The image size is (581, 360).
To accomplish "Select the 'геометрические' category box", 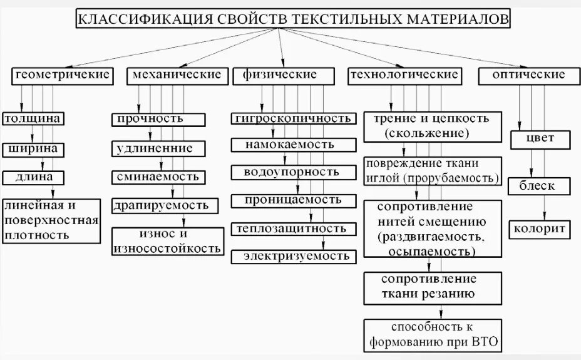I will click(x=62, y=76).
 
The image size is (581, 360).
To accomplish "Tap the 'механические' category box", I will click(x=176, y=76).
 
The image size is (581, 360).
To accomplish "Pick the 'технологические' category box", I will click(x=404, y=76).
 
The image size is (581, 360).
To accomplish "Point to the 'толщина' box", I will click(x=34, y=119).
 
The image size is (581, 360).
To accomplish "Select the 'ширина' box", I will click(x=34, y=149).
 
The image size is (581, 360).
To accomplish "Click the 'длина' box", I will click(x=34, y=177).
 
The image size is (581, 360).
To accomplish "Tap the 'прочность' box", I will click(x=158, y=119).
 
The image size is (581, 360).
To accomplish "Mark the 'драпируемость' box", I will click(x=165, y=205).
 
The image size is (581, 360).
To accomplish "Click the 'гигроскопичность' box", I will click(x=291, y=118).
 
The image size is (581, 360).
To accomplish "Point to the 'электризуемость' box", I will click(x=296, y=256).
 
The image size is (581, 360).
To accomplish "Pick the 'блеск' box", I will click(x=537, y=186).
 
